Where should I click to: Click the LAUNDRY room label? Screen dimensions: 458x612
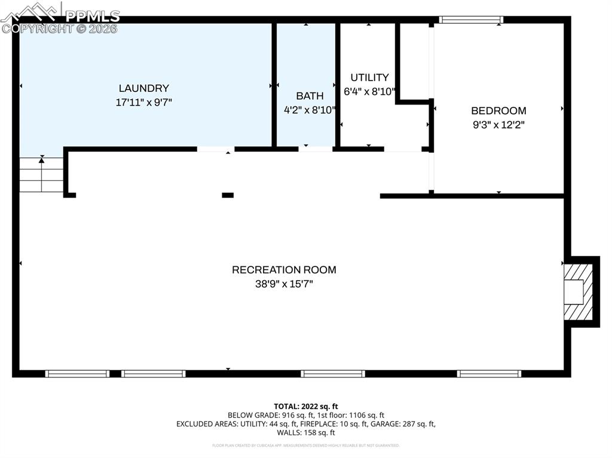coord(143,88)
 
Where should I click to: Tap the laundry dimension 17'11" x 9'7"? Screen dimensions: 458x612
coord(143,103)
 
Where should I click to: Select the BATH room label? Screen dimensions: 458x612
coord(310,96)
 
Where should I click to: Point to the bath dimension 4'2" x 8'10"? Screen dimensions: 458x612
coord(310,110)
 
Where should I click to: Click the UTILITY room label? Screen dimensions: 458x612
coord(369,77)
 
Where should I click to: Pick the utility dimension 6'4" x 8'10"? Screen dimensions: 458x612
coord(369,92)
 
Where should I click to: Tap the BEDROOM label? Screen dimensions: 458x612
coord(498,110)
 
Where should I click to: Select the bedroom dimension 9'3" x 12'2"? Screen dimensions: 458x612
coord(498,125)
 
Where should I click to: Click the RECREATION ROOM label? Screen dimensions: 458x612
coord(284,270)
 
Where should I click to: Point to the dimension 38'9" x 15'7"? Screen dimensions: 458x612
coord(284,284)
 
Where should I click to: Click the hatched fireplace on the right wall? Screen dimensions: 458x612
coord(578,291)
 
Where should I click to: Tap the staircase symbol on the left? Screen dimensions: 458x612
coord(41,175)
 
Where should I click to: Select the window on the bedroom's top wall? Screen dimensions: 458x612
coord(471,20)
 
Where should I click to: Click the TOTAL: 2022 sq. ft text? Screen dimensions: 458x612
coord(305,406)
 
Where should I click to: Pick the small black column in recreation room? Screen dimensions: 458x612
coord(228,195)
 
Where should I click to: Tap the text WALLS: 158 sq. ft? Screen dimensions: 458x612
coord(305,432)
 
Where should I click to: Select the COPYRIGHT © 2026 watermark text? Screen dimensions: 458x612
coord(60,29)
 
